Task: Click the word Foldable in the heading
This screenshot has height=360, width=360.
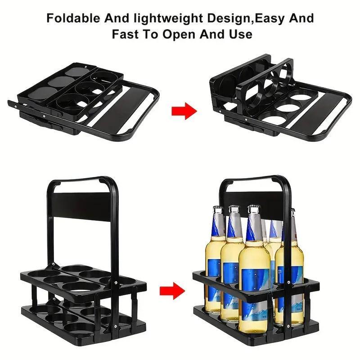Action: click(x=73, y=18)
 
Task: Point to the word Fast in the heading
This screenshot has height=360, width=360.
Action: click(x=125, y=34)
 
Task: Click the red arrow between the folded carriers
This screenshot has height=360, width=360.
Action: click(x=184, y=111)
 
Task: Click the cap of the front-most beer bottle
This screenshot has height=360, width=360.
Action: click(x=254, y=208)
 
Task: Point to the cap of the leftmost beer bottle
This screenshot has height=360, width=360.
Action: click(x=217, y=208)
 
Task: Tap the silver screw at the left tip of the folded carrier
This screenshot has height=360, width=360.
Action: click(x=15, y=106)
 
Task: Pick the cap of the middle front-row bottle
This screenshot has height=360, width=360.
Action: click(x=234, y=208)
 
